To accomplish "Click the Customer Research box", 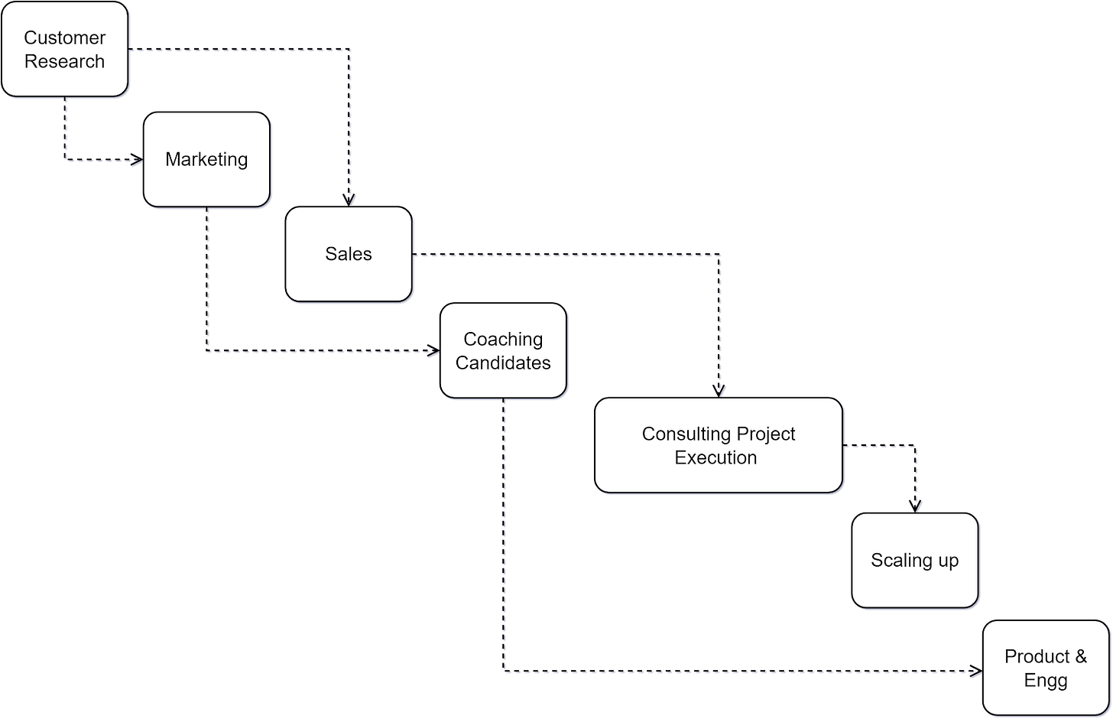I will tap(65, 50).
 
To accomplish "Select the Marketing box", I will tap(207, 160).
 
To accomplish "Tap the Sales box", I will tap(349, 255).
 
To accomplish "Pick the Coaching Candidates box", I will tap(504, 351).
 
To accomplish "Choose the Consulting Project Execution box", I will tap(719, 445).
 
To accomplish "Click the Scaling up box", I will tap(915, 561).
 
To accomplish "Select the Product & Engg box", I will tap(1046, 669).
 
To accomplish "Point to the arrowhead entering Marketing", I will tap(138, 161).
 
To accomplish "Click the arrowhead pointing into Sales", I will tap(350, 200).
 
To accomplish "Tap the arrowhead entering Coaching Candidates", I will tap(434, 352).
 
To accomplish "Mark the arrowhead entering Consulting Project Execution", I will tap(720, 391).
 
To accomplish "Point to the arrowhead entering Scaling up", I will tap(917, 506).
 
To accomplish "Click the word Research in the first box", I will tap(65, 62).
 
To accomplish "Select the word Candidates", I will tap(503, 363).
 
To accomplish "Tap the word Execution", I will tap(715, 457).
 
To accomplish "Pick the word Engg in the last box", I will tap(1046, 681).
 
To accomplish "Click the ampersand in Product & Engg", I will tap(1081, 657).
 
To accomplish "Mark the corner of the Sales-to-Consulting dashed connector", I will tap(720, 255).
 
